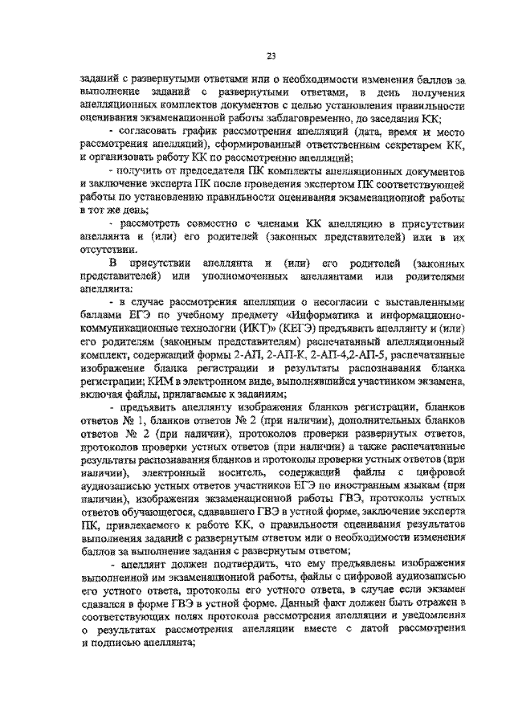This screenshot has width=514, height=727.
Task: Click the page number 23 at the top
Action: point(271,55)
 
